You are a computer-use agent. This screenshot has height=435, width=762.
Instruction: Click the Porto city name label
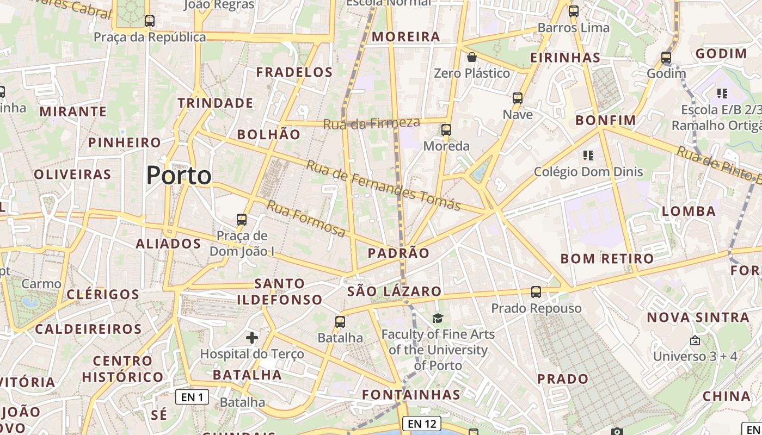[x=179, y=176]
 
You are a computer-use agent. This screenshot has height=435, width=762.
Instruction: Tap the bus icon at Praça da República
[x=150, y=21]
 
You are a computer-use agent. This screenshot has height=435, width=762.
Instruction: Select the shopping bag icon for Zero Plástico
[x=472, y=57]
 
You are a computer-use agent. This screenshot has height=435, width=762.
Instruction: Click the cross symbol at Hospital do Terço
[x=251, y=338]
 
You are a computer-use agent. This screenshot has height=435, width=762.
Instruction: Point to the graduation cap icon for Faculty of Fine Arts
[x=438, y=318]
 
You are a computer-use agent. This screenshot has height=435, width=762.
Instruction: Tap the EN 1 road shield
[x=192, y=397]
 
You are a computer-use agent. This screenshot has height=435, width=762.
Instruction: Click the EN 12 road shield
[x=422, y=424]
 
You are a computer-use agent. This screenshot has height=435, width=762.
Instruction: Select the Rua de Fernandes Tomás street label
[x=383, y=185]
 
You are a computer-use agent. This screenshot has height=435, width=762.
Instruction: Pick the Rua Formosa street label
[x=306, y=219]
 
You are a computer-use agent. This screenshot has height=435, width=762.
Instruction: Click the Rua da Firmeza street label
[x=372, y=123]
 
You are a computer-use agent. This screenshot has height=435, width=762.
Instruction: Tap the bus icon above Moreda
[x=446, y=130]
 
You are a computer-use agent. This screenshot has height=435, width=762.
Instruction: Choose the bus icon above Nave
[x=517, y=98]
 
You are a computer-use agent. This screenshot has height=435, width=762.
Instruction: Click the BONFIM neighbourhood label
[x=606, y=120]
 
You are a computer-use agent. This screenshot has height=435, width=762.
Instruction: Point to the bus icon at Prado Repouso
[x=536, y=292]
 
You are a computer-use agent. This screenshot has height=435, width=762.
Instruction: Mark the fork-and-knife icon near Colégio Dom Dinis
[x=588, y=156]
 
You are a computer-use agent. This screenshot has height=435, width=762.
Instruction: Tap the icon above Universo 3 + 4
[x=695, y=341]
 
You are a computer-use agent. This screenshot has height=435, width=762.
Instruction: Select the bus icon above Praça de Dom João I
[x=242, y=220]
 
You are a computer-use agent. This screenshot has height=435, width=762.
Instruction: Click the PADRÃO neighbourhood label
[x=398, y=253]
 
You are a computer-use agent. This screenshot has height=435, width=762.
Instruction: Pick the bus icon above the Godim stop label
[x=666, y=57]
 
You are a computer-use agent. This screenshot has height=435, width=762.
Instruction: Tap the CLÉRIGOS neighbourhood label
[x=103, y=295]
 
